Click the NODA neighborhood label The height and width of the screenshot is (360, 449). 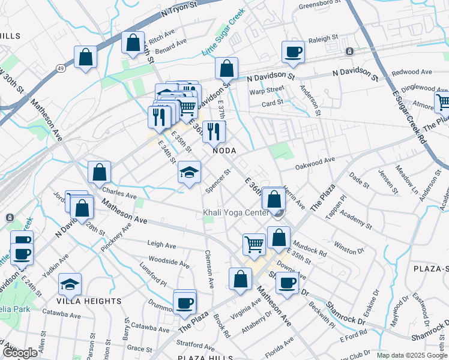tap(223, 151)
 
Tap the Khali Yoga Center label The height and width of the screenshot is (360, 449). tap(235, 213)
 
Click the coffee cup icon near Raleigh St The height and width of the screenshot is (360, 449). tap(294, 52)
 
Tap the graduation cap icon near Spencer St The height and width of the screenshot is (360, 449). tap(189, 173)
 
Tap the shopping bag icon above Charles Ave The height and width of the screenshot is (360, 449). tap(99, 172)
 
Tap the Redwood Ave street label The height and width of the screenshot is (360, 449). tap(412, 72)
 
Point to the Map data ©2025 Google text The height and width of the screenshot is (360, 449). tap(412, 355)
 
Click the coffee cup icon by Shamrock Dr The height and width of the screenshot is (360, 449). tap(288, 283)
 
